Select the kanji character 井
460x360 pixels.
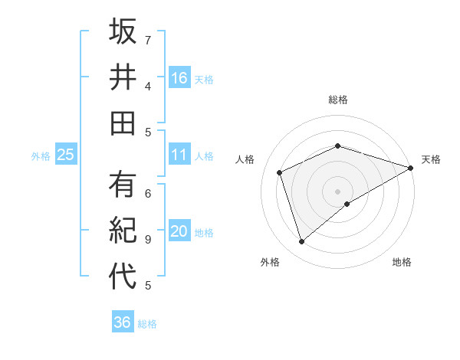[122, 77]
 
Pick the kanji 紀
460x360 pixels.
[122, 231]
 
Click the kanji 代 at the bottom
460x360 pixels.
[122, 277]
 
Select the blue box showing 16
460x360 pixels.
[179, 77]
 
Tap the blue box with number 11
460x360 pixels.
[179, 155]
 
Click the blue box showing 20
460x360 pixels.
[179, 231]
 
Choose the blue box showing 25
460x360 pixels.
[65, 155]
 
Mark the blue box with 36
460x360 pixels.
[122, 322]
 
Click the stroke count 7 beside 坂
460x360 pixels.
[148, 39]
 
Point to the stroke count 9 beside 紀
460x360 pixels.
[148, 239]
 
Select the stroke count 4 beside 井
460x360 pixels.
[148, 85]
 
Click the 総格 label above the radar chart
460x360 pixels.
[337, 100]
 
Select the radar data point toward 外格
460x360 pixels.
[302, 242]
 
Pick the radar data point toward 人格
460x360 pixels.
[280, 172]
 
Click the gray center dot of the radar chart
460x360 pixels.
[337, 191]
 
